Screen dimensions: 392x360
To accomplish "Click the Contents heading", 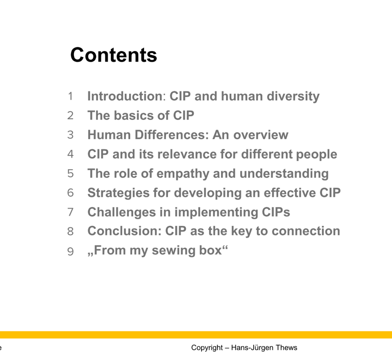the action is click(x=114, y=55).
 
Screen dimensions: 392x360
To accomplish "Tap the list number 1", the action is click(x=70, y=96).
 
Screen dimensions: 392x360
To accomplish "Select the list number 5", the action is click(x=70, y=174).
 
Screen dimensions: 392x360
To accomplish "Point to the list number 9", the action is click(x=70, y=251).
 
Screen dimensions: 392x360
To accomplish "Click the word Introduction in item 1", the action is click(x=125, y=96).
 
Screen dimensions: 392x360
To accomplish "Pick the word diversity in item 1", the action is click(x=293, y=96).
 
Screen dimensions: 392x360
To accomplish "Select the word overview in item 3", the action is click(x=261, y=135).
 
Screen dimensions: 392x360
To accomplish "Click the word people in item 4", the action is click(x=316, y=155).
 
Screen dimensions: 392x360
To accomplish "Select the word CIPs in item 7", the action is click(x=276, y=212).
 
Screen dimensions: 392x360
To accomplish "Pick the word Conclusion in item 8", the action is click(x=123, y=231).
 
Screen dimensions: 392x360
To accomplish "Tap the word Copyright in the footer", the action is click(x=207, y=348).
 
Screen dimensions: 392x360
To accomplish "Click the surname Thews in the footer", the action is click(x=286, y=348).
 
